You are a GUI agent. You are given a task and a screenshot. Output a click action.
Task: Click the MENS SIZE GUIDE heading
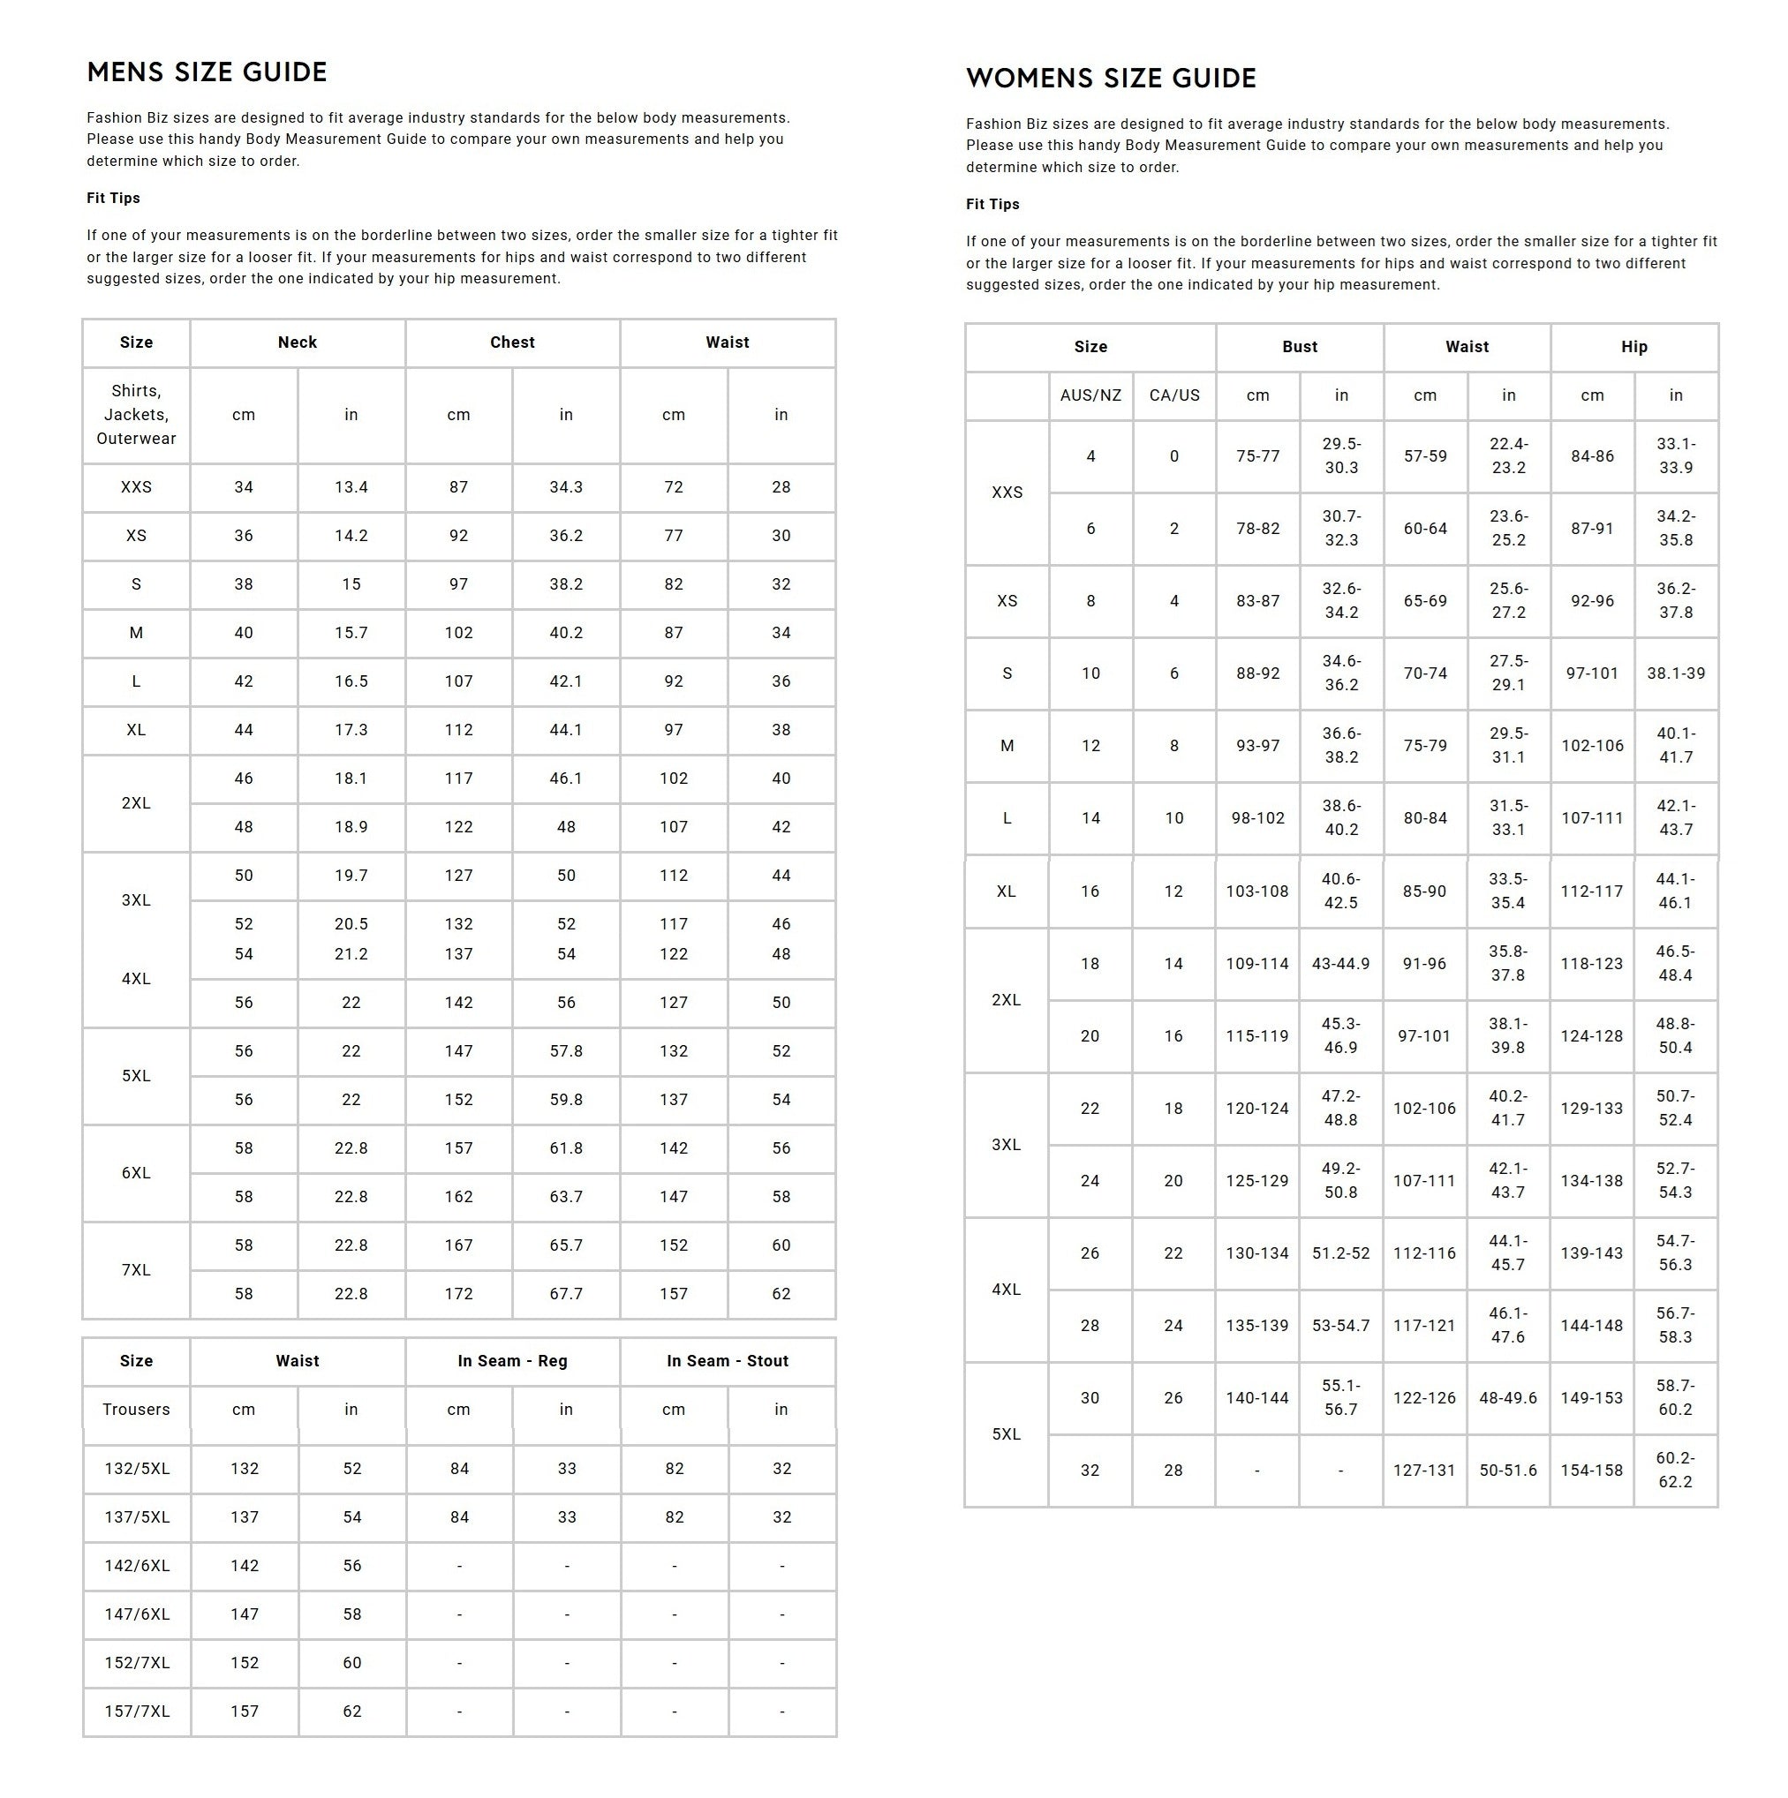click(207, 72)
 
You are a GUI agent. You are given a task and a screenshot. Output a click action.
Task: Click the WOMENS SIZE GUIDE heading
click(1111, 79)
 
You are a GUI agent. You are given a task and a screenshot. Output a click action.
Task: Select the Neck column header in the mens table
click(297, 342)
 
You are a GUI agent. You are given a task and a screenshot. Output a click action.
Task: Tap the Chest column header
click(512, 342)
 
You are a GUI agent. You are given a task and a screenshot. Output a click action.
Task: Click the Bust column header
click(1300, 347)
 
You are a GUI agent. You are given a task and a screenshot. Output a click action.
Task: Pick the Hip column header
click(1633, 347)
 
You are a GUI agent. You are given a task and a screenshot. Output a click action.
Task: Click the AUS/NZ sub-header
click(1090, 395)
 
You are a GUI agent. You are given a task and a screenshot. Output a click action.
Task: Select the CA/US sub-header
click(1173, 395)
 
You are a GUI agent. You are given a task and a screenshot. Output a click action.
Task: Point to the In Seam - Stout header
click(727, 1362)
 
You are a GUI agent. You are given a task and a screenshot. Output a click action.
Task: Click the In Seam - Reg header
click(512, 1362)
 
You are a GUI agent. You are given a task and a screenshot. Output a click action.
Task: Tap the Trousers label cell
click(136, 1410)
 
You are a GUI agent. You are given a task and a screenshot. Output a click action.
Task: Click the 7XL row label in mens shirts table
click(136, 1270)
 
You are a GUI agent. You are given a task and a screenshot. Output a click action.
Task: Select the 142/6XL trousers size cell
click(137, 1566)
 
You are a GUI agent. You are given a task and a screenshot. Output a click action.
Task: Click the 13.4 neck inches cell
click(351, 487)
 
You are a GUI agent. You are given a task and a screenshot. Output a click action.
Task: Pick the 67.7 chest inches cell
click(566, 1295)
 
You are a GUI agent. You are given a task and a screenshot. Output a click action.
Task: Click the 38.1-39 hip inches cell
click(1675, 673)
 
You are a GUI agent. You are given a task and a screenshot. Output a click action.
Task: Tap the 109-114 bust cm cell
click(1256, 964)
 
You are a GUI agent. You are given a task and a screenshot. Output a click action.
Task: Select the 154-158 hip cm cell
click(1592, 1471)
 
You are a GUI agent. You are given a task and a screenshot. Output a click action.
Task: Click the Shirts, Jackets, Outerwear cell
click(136, 415)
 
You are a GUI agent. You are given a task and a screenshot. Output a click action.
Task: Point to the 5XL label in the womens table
click(1007, 1435)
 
